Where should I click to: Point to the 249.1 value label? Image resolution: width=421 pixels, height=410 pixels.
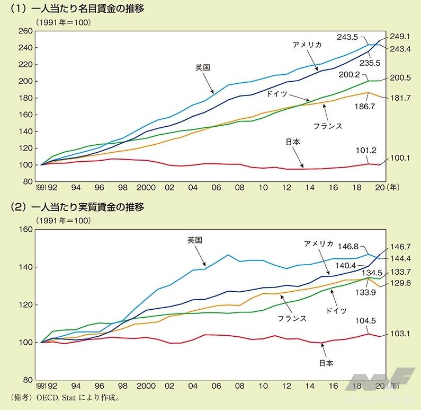pyautogui.click(x=400, y=37)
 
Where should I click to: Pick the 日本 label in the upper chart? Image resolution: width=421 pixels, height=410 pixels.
pyautogui.click(x=293, y=142)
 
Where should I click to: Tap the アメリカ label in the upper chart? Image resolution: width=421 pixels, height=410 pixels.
pyautogui.click(x=307, y=45)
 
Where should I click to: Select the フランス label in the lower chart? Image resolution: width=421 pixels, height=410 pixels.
pyautogui.click(x=292, y=319)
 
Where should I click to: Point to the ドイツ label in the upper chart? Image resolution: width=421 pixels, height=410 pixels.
pyautogui.click(x=277, y=93)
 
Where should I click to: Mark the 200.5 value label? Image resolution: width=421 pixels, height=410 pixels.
pyautogui.click(x=400, y=77)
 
